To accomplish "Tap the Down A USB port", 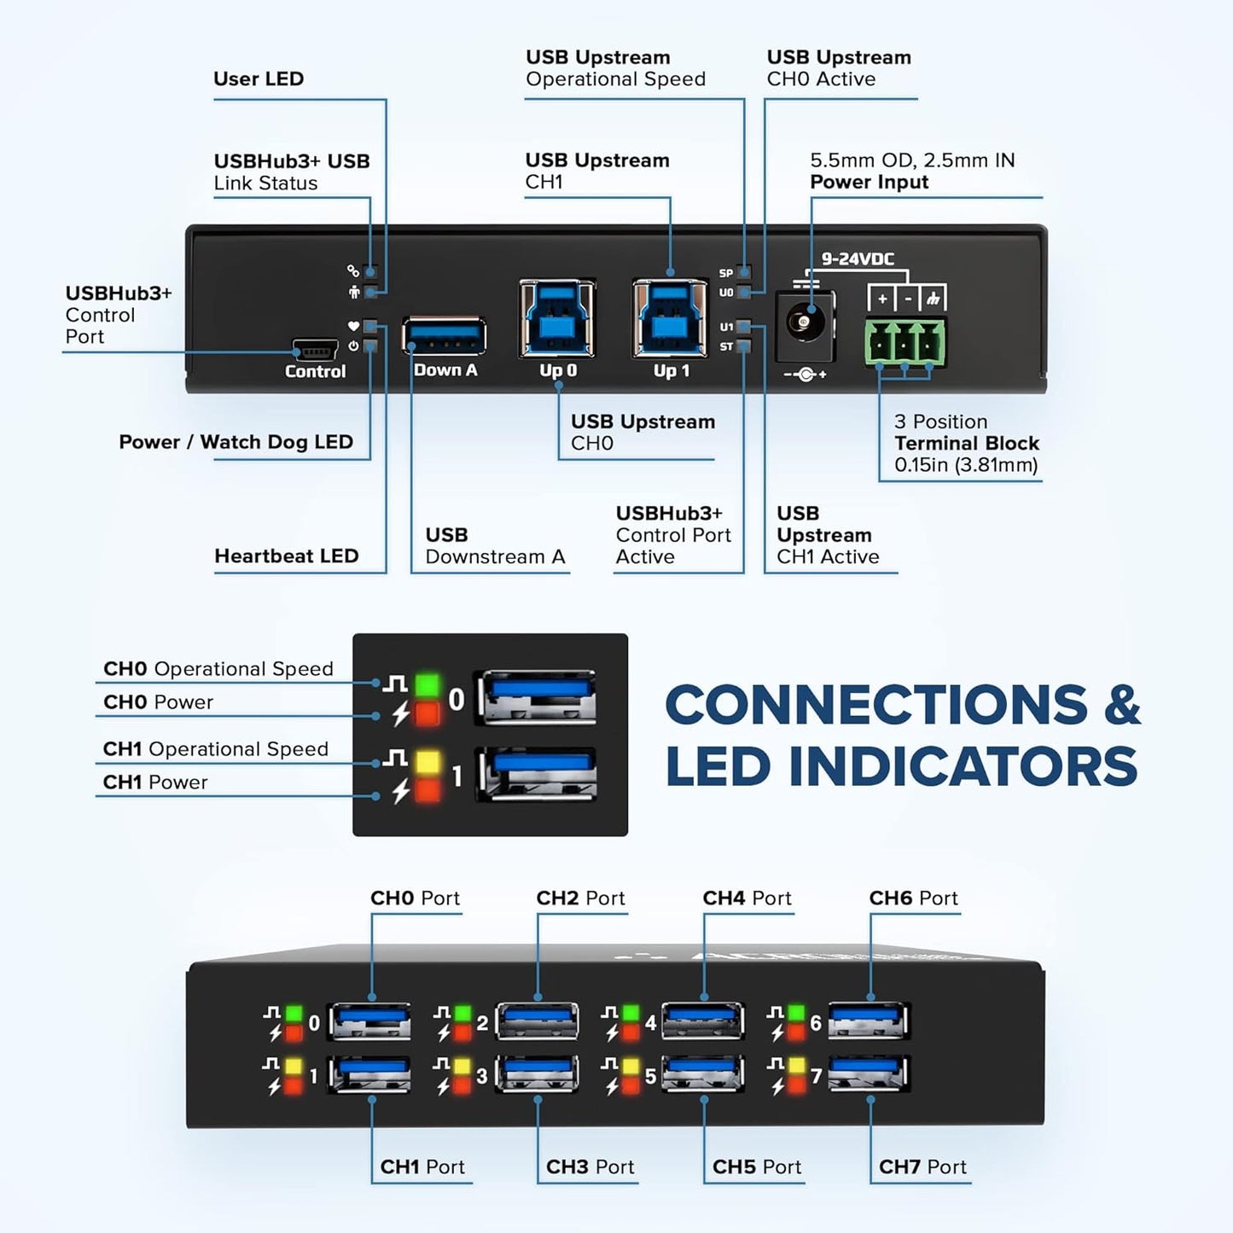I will coord(445,336).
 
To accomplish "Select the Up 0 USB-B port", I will coord(557,319).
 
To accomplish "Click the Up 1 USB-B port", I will coord(671,319).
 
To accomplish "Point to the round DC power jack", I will coord(803,323).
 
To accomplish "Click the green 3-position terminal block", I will coord(905,341).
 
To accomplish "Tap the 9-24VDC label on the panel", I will coord(857,259).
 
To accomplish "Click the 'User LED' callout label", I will coord(259,79).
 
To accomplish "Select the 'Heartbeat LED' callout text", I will coord(286,555).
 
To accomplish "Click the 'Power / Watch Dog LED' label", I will coord(236,441).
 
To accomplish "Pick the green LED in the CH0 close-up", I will coord(427,684).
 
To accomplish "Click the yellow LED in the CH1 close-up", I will coord(427,761).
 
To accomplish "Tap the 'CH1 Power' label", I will coord(155,782).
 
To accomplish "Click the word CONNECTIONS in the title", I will coord(875,705).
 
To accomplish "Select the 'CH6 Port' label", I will coord(913,898).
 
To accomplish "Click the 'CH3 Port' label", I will coord(590,1166).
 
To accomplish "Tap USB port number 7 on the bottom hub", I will coord(869,1074).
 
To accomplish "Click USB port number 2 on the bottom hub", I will coord(537,1021).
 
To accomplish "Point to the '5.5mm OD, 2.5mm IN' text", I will coord(912,160).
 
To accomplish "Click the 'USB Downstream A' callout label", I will coord(495,545).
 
